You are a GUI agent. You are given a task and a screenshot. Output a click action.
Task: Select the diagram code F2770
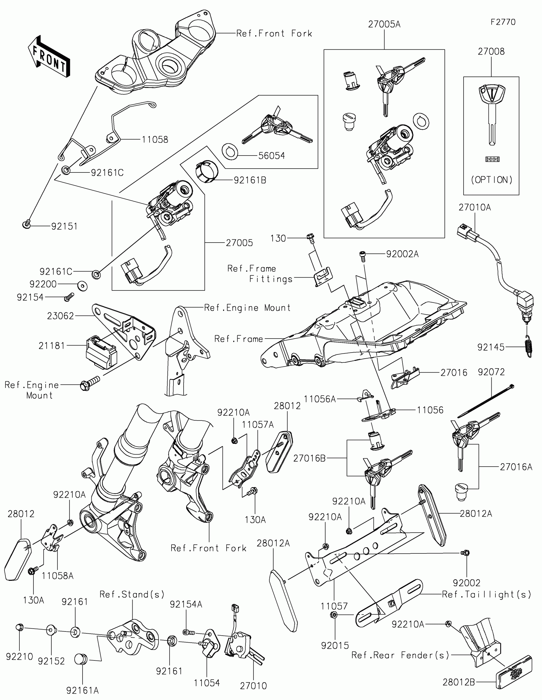(x=503, y=22)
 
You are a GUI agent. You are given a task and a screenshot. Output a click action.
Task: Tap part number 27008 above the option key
(x=491, y=52)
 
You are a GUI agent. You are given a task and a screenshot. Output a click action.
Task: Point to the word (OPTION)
(x=491, y=180)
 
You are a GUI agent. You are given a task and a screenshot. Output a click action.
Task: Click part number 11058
(x=155, y=139)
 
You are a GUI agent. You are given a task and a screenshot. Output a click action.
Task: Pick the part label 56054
(x=272, y=156)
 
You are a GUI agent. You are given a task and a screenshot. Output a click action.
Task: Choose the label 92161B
(x=250, y=180)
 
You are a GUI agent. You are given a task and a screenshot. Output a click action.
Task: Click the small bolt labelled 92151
(x=26, y=224)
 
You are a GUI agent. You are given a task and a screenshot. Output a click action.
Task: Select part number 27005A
(x=384, y=24)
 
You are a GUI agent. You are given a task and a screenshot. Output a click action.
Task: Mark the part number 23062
(x=61, y=316)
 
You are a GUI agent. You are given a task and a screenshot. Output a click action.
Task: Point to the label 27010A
(x=474, y=208)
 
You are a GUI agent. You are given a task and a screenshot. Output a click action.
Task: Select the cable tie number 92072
(x=491, y=372)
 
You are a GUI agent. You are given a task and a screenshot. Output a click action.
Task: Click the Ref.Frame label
(x=238, y=339)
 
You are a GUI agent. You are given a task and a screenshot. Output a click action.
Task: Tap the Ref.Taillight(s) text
(x=487, y=594)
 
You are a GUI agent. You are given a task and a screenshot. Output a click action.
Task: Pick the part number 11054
(x=207, y=683)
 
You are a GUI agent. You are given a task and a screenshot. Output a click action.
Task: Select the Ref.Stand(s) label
(x=132, y=594)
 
